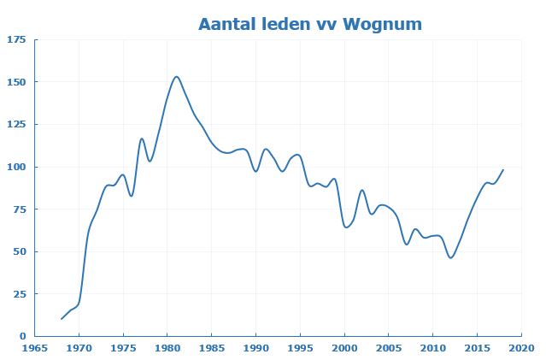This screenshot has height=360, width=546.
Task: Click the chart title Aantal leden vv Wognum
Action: [x=309, y=24]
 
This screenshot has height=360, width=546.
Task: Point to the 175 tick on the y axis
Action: [x=17, y=39]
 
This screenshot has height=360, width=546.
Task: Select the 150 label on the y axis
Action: [x=17, y=82]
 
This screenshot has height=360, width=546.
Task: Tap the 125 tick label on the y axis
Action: [x=17, y=124]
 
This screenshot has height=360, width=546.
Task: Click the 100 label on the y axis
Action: [x=17, y=167]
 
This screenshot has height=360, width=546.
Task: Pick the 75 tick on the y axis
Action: [x=20, y=209]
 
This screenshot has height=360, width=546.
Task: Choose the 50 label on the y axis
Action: [x=20, y=251]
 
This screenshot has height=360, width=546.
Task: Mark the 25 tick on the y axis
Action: [x=20, y=293]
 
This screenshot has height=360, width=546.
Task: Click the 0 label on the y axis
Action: [x=23, y=336]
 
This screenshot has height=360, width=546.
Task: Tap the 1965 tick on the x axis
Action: [x=35, y=349]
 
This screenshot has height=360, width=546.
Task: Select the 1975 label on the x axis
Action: [x=123, y=349]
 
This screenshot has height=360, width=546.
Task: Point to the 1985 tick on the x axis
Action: [x=212, y=349]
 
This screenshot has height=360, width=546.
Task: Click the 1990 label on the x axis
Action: [x=256, y=349]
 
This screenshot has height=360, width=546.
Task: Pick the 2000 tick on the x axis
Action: [x=344, y=349]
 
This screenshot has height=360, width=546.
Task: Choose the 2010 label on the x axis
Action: [x=433, y=349]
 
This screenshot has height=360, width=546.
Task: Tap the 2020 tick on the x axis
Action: [x=521, y=349]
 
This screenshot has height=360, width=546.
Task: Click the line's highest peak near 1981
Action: [x=176, y=77]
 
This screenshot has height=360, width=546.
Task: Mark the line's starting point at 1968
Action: [x=62, y=319]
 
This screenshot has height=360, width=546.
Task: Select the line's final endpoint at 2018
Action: [x=503, y=169]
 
